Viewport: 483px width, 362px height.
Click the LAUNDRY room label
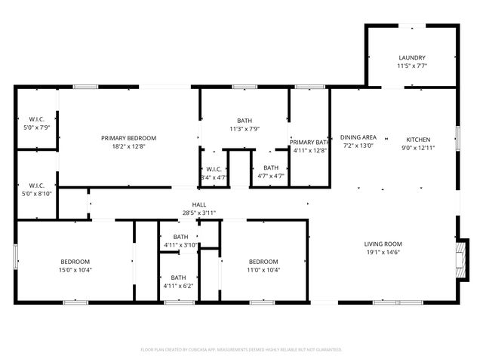click(412, 57)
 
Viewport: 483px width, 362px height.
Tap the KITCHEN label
click(418, 140)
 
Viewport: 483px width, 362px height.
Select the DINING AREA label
click(358, 137)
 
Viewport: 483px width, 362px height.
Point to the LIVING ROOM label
click(383, 244)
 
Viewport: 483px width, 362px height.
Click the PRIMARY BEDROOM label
click(129, 138)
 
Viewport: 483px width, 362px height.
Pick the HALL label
click(199, 204)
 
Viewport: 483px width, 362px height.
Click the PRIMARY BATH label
click(309, 142)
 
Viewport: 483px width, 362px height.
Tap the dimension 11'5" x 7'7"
click(412, 66)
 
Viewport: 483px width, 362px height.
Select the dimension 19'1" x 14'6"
click(383, 253)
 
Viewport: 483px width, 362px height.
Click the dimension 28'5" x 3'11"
click(199, 213)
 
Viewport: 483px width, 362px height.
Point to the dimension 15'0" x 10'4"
click(75, 269)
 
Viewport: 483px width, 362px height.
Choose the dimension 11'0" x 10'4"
click(264, 269)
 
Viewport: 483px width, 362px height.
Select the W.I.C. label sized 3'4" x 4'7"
click(213, 169)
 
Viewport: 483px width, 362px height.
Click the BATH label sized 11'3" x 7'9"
click(245, 121)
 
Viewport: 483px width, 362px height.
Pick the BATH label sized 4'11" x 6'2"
click(178, 278)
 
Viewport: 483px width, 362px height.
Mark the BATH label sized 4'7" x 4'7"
click(270, 168)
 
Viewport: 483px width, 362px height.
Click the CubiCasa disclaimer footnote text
click(241, 349)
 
